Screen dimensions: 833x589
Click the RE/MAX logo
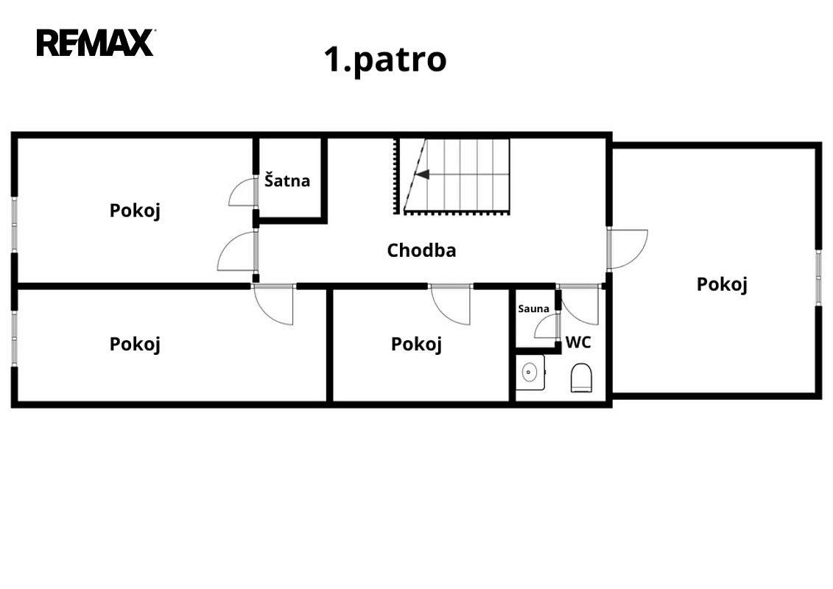pos(96,43)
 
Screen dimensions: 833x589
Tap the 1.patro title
pos(385,60)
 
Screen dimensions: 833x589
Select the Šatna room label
pos(287,180)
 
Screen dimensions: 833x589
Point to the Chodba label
pos(421,250)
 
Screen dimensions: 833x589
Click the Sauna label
pos(533,308)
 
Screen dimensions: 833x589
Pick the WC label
pos(578,342)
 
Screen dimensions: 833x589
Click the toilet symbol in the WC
pos(581,378)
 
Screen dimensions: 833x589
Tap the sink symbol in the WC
pos(530,373)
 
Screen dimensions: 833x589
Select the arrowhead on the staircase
pos(422,174)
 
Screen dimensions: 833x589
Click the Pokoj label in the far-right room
pos(722,284)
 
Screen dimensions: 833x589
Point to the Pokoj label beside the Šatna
pos(135,211)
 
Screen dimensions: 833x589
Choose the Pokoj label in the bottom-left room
pos(135,344)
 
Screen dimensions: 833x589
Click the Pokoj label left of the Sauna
pos(417,344)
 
